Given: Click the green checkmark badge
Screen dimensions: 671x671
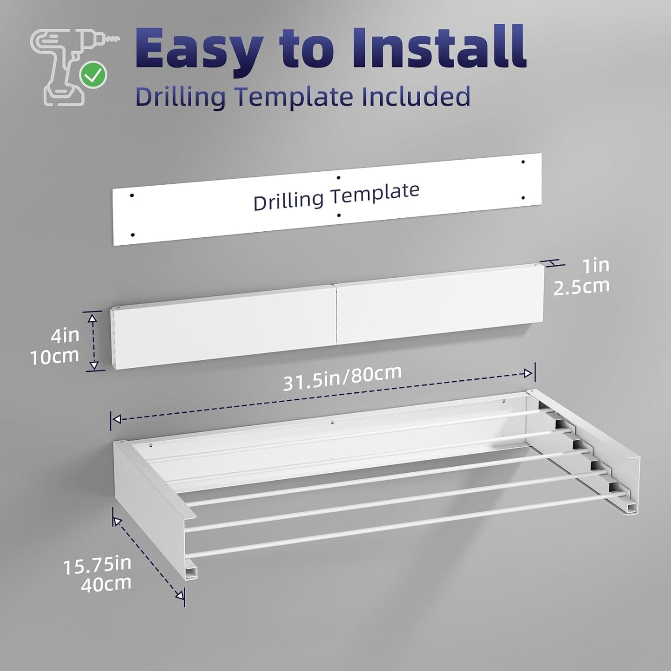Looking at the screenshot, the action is (93, 75).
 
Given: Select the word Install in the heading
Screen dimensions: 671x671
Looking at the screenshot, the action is (439, 46).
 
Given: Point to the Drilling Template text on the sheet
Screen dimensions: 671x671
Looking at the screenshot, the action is (336, 197).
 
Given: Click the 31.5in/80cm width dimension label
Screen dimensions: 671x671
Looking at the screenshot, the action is (342, 378).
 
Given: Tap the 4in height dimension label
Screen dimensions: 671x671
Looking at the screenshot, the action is (65, 335).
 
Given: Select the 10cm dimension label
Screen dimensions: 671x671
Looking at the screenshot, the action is (55, 356).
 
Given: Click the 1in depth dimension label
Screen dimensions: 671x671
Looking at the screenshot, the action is (596, 266).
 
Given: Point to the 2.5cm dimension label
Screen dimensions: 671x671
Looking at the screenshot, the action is (581, 286).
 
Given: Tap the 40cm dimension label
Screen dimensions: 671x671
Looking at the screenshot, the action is (106, 584).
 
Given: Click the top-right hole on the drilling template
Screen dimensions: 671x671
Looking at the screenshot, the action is (523, 162).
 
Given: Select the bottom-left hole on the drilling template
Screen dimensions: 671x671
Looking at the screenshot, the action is (132, 235).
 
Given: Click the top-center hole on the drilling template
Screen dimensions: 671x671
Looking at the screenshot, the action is (339, 177).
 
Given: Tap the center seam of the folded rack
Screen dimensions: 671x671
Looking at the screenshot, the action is (336, 315).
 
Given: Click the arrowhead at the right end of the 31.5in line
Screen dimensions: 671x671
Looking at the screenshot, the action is (528, 373).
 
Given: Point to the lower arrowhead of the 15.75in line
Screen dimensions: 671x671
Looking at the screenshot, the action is (180, 595).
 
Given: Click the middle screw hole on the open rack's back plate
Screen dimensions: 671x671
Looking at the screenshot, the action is (332, 423).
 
